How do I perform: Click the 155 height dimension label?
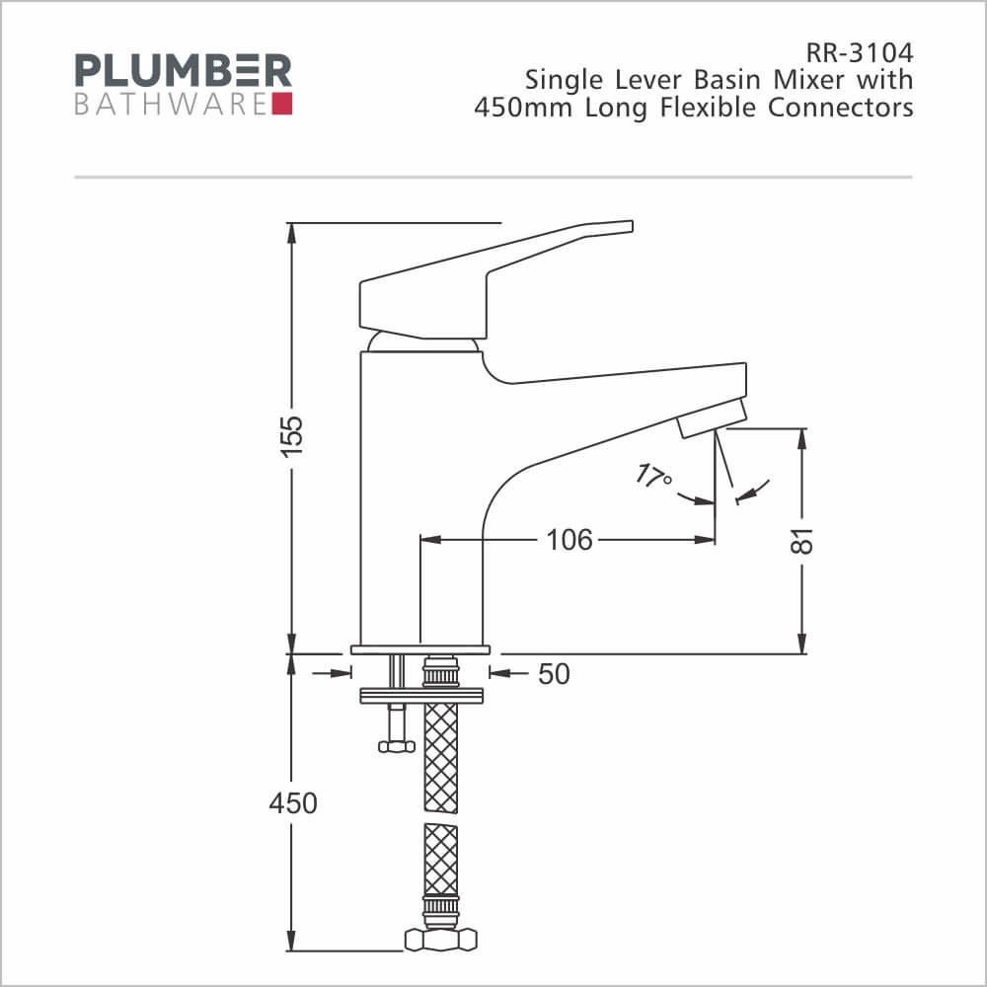coord(291,435)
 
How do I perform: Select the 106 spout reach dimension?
coord(569,540)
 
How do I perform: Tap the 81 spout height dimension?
coord(801,541)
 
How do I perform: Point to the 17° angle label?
coord(652,477)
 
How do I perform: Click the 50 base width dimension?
coord(554,673)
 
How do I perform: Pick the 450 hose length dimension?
coord(293,803)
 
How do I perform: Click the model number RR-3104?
coord(860,53)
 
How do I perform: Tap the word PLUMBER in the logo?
coord(184,70)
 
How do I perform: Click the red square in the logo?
coord(282,104)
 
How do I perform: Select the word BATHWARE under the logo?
coord(171,105)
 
